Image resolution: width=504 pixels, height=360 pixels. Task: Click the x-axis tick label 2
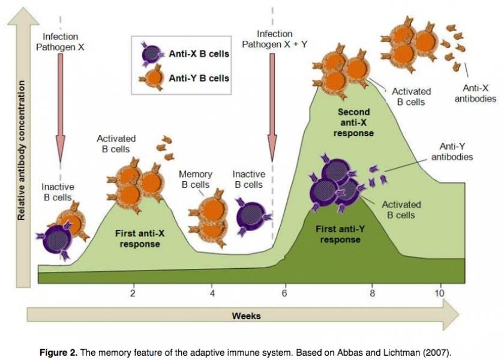tap(133, 293)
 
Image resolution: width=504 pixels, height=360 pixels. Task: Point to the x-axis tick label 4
tap(212, 293)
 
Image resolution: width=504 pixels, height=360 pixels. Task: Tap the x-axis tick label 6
tap(284, 293)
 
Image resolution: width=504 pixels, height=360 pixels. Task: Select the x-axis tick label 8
tap(372, 293)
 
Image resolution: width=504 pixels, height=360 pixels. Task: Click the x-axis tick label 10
tap(439, 293)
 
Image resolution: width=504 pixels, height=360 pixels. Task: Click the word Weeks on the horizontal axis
tap(246, 316)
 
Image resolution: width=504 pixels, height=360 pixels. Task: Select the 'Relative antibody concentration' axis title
tap(21, 151)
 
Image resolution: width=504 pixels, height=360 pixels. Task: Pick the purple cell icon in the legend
tap(151, 54)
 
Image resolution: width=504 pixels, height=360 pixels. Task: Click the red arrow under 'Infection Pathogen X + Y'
tap(272, 107)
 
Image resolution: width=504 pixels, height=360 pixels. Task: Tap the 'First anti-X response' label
tap(140, 238)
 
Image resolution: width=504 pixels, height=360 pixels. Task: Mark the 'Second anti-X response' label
tap(353, 122)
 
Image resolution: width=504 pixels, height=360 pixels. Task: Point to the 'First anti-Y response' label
tap(340, 235)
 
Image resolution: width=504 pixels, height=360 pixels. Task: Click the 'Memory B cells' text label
tap(196, 179)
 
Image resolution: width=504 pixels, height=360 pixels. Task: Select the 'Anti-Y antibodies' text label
tap(452, 152)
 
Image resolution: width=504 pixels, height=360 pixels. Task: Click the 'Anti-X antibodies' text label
tap(475, 93)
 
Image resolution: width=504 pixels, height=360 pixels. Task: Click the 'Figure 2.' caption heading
tap(59, 352)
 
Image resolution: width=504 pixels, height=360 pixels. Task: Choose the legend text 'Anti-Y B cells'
tap(199, 78)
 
